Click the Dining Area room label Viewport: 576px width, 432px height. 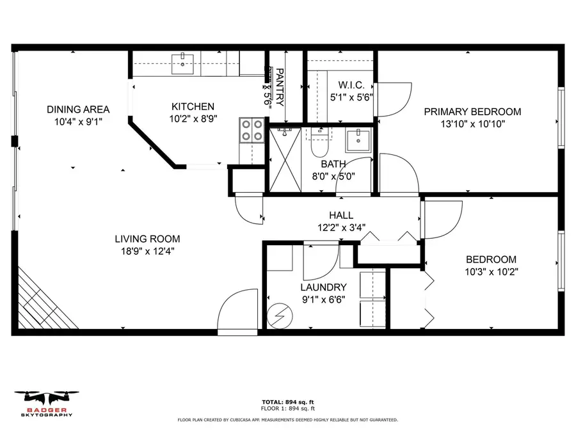click(77, 109)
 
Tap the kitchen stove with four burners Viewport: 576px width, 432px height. click(252, 130)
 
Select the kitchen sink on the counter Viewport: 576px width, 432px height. click(185, 61)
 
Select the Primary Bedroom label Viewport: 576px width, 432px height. click(472, 111)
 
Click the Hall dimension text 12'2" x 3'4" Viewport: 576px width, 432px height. click(340, 227)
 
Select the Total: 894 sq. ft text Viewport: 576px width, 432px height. click(287, 402)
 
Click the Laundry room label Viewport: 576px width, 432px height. click(323, 287)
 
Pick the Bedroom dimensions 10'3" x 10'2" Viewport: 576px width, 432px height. click(491, 271)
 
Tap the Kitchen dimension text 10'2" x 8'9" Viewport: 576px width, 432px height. click(193, 118)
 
